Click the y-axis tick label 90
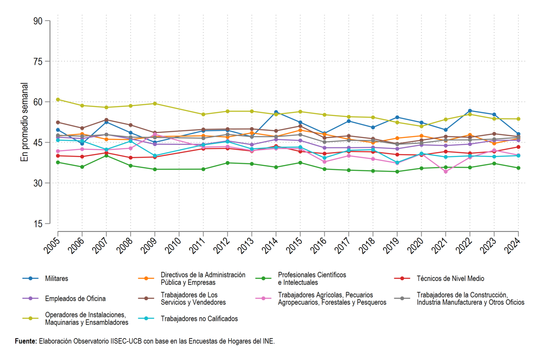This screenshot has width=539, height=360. coord(38,21)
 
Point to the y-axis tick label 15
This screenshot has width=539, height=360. coord(38,224)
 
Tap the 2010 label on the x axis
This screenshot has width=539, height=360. coord(174,246)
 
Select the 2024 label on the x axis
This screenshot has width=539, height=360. coord(513,246)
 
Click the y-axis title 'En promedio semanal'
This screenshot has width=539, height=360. coord(24,122)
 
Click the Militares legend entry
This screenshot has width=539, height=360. coord(45,279)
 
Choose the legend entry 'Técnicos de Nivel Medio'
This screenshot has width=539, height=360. coord(439,279)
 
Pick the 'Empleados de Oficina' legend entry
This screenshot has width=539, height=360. coord(64,298)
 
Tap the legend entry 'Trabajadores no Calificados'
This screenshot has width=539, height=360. coord(188,319)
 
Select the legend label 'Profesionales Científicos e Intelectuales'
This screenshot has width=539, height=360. coord(312,279)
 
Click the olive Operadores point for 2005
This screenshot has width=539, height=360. coord(58,99)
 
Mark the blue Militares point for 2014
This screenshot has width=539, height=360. coord(276,112)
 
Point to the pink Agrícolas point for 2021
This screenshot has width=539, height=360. coord(446,172)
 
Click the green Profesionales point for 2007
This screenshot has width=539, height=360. coord(106,156)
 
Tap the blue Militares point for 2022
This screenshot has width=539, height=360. coord(470,111)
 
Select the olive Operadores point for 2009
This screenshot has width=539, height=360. coord(155,103)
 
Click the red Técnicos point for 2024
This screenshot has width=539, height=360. coord(518,147)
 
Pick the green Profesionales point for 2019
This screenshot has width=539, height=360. coord(397,172)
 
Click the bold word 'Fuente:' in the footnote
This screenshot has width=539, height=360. coord(26,341)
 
